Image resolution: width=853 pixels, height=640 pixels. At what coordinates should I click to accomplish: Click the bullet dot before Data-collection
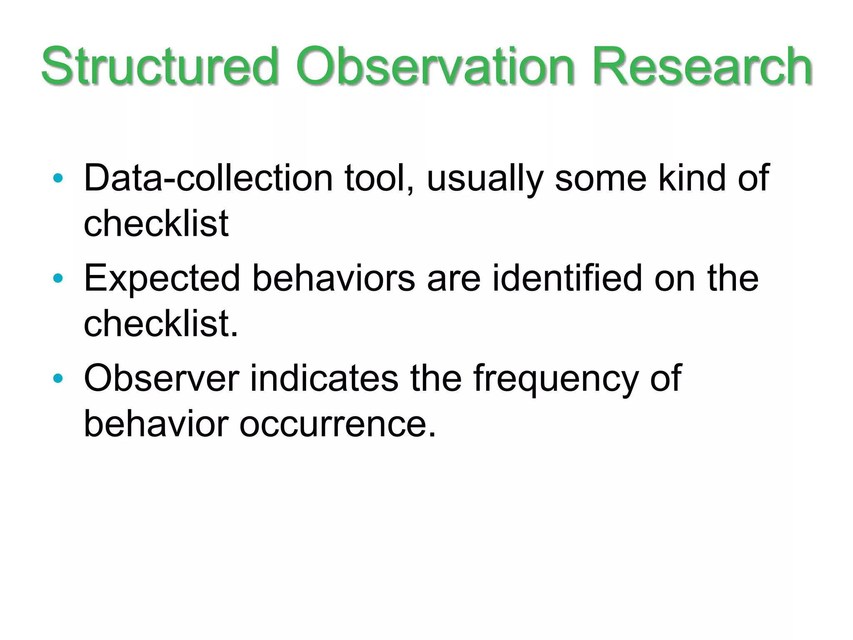click(x=58, y=178)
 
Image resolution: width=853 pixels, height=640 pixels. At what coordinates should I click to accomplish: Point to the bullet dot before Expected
click(x=58, y=278)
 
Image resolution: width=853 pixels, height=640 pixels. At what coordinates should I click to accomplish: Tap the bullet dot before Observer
click(x=58, y=378)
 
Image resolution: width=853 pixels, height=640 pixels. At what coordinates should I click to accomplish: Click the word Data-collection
click(x=208, y=178)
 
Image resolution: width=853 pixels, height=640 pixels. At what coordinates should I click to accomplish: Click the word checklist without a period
click(x=156, y=224)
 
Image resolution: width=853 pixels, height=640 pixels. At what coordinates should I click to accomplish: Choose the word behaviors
click(x=334, y=278)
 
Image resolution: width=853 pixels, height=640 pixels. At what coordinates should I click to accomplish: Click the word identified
click(x=567, y=278)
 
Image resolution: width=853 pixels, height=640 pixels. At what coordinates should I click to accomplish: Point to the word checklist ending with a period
click(x=160, y=324)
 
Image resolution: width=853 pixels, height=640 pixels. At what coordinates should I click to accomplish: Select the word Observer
click(x=161, y=378)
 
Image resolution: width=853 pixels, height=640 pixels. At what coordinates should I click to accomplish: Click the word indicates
click(x=324, y=378)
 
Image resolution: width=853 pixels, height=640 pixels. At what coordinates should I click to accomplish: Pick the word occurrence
click(x=337, y=424)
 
